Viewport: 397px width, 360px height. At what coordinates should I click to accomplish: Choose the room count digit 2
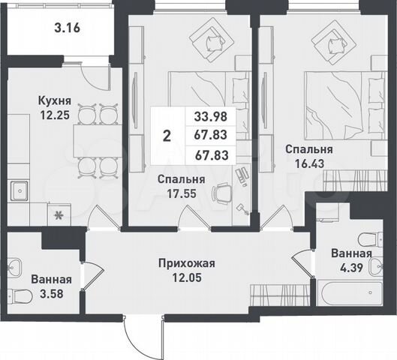click(166, 136)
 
